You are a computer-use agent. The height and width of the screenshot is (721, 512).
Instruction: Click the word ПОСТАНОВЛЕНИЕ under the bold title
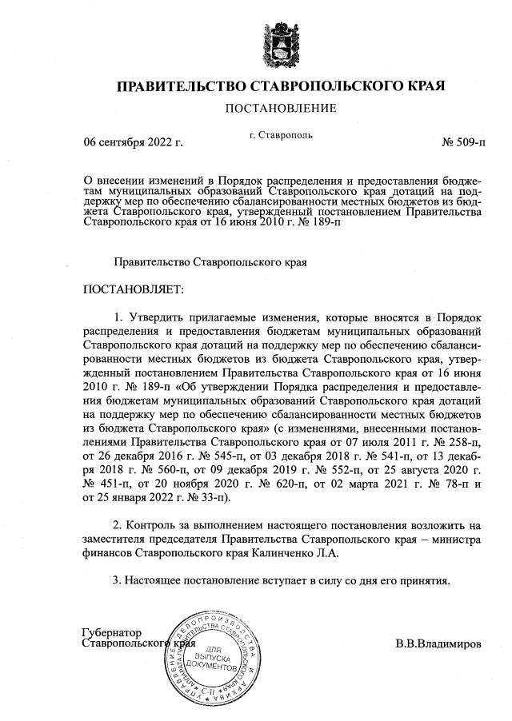pyautogui.click(x=280, y=108)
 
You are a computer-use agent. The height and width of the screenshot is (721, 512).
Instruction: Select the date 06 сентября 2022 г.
pyautogui.click(x=134, y=142)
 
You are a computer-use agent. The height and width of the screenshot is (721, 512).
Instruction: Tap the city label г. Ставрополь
pyautogui.click(x=281, y=135)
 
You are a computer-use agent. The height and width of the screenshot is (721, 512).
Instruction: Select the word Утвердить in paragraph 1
pyautogui.click(x=154, y=316)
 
